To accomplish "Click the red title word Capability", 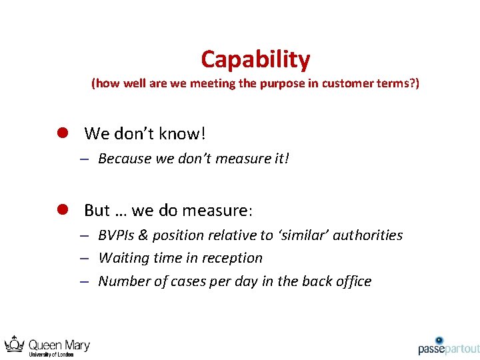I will point(255,60).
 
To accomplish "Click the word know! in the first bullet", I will point(183,133).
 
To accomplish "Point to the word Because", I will point(125,159).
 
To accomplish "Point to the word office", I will point(351,281).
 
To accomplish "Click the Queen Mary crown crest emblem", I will point(15,345).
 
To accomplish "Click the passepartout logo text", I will point(449,349).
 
